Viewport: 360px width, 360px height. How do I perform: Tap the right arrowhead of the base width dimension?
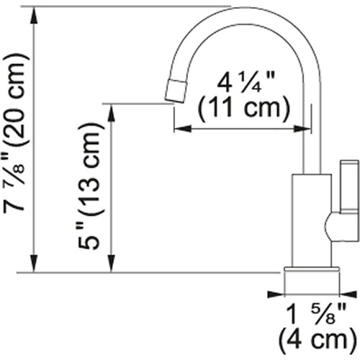click(x=347, y=294)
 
